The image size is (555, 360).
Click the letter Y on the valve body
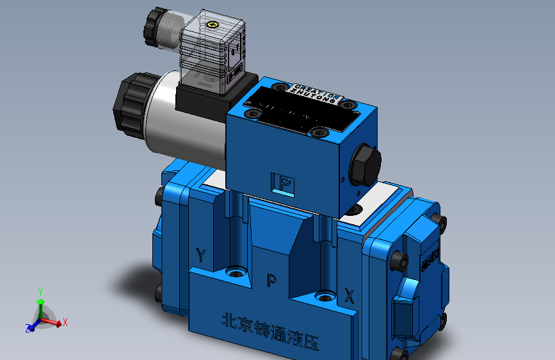click(201, 256)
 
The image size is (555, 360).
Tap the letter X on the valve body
click(349, 296)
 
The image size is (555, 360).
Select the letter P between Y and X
click(271, 279)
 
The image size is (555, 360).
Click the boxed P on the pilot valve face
click(284, 184)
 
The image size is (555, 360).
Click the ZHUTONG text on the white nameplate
click(314, 94)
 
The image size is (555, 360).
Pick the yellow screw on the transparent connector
click(214, 26)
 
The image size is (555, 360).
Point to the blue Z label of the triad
click(28, 328)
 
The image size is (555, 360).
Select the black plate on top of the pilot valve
click(301, 113)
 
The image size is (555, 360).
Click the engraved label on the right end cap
click(430, 259)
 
